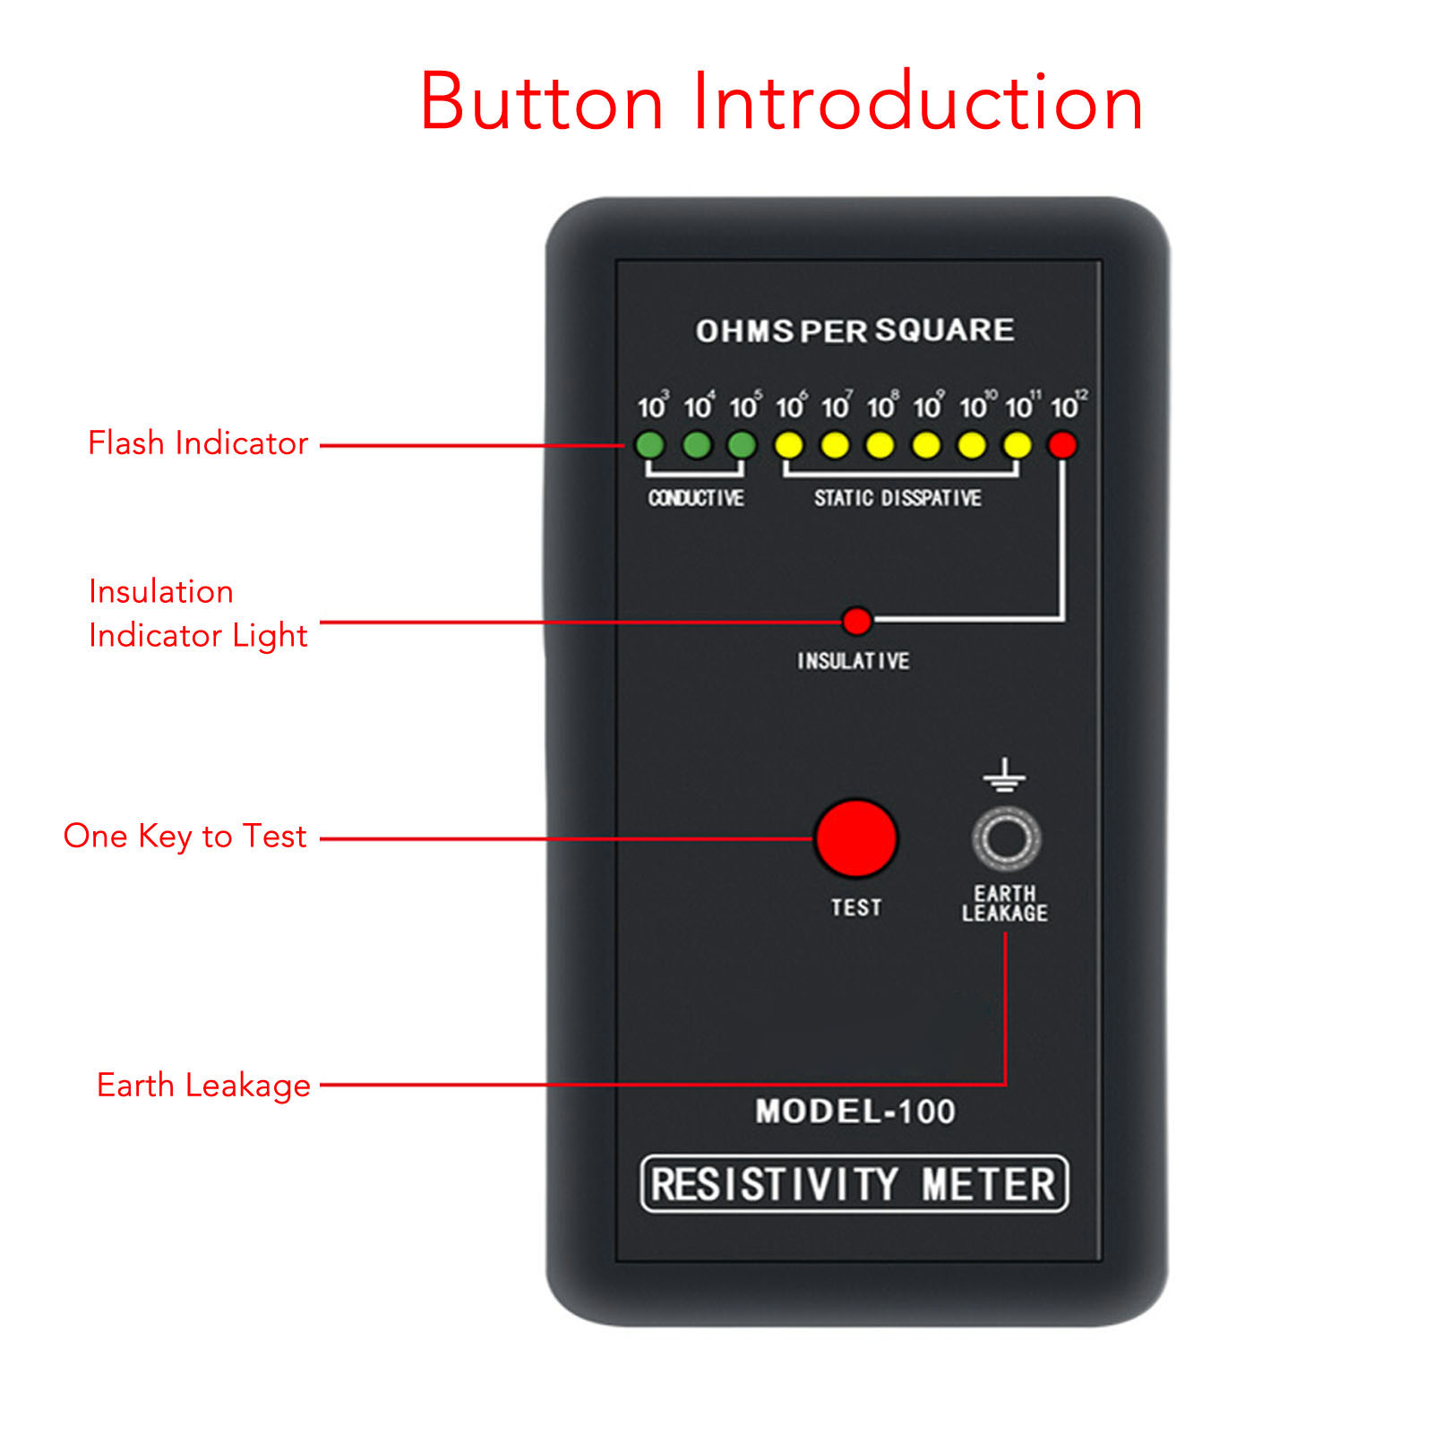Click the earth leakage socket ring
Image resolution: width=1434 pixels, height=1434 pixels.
point(1005,838)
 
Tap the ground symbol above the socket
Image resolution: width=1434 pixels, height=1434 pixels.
point(1004,776)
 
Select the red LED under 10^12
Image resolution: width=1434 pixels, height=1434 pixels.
point(1062,444)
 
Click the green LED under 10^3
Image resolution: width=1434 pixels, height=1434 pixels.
point(650,444)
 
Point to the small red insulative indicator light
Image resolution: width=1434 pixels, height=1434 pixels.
point(857,620)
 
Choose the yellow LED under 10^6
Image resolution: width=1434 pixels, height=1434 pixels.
point(789,444)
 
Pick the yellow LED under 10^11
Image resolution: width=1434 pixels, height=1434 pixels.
point(1017,444)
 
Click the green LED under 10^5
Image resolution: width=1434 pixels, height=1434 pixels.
point(743,444)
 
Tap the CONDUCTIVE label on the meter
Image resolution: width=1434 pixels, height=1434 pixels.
point(696,498)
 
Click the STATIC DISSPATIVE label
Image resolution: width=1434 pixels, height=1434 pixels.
point(897,498)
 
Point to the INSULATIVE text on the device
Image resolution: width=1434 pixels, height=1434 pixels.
point(854,661)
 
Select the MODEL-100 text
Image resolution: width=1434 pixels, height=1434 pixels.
point(855,1112)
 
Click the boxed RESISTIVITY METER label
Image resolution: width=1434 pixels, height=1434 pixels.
point(854,1184)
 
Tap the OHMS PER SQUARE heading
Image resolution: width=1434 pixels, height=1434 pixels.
point(854,331)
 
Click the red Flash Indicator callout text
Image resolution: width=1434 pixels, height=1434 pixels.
point(198,443)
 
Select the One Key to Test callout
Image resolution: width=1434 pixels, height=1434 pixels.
point(185,837)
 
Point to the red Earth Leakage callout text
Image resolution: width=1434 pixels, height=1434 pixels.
point(203,1086)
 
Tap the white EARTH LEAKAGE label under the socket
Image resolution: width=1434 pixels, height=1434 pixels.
point(1005,904)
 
